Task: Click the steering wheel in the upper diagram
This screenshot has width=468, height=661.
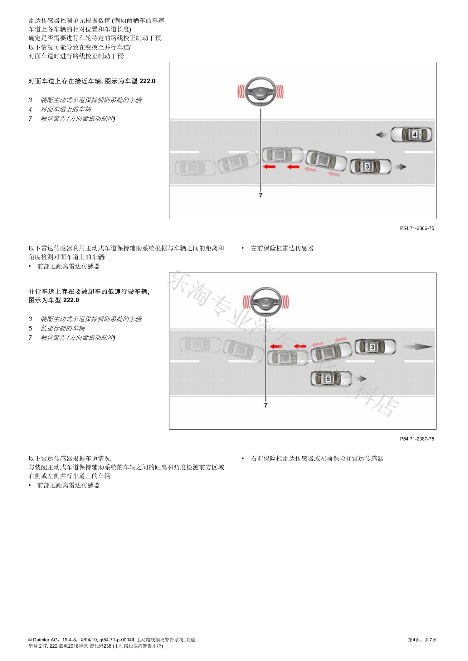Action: [261, 91]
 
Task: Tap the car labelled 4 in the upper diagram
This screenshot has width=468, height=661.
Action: [412, 135]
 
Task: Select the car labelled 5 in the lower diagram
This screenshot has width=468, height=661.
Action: [331, 378]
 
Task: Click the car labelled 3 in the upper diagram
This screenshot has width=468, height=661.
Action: [370, 166]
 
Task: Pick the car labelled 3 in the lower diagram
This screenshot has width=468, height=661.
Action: [376, 347]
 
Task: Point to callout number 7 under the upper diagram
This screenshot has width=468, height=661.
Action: [261, 195]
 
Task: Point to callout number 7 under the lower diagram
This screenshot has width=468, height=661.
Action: [266, 405]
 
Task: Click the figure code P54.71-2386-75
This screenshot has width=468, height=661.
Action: [417, 228]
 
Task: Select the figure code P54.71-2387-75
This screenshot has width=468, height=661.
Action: [417, 439]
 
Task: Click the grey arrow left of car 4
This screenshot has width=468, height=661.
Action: [382, 135]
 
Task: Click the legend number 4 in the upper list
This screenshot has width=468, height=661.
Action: [30, 109]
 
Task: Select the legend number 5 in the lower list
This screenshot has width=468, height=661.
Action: [30, 328]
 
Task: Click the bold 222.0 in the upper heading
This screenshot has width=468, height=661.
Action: [147, 81]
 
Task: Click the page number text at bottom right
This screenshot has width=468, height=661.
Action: [422, 640]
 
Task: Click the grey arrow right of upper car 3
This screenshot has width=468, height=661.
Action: [400, 167]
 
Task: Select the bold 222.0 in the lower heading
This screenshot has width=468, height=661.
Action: [71, 300]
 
